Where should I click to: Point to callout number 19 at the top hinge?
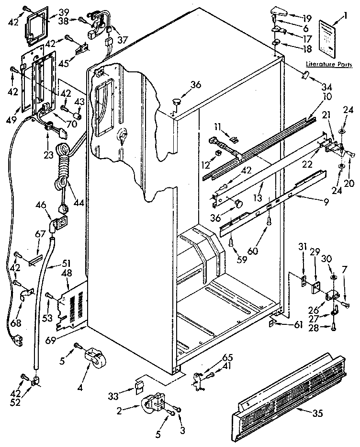tap(307, 18)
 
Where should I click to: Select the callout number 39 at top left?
tap(63, 11)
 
